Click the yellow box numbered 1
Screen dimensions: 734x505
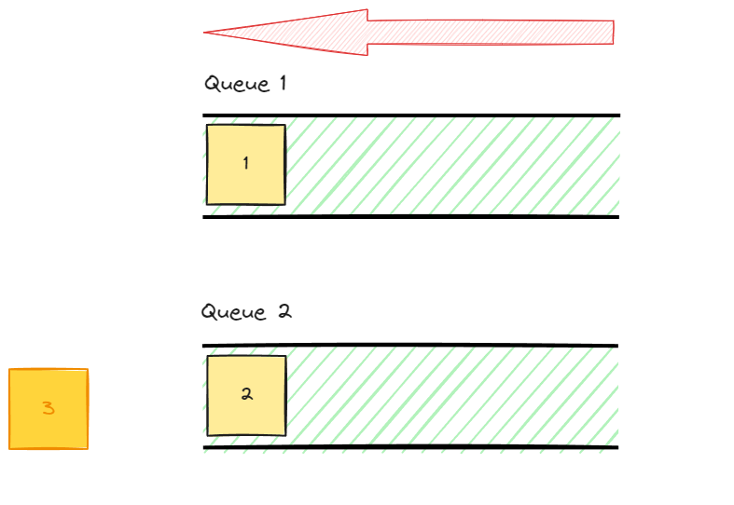tap(245, 164)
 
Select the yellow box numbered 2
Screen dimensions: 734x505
tap(246, 395)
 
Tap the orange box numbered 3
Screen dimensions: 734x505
tap(48, 409)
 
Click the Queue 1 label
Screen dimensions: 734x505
tap(245, 84)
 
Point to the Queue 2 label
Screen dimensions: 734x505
tap(246, 311)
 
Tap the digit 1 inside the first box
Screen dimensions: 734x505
tap(245, 164)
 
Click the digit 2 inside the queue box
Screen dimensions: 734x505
tap(246, 394)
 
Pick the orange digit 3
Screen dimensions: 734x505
tap(48, 409)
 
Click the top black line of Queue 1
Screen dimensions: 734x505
tap(410, 116)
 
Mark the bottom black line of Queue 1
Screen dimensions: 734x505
tap(410, 217)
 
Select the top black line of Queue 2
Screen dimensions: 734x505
tap(410, 346)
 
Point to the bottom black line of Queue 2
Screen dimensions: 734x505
tap(410, 448)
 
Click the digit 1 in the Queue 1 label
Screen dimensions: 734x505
tap(282, 83)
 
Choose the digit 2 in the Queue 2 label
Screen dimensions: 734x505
tap(284, 311)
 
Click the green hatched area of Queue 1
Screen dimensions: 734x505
tap(448, 166)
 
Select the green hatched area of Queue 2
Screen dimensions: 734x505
tap(448, 397)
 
